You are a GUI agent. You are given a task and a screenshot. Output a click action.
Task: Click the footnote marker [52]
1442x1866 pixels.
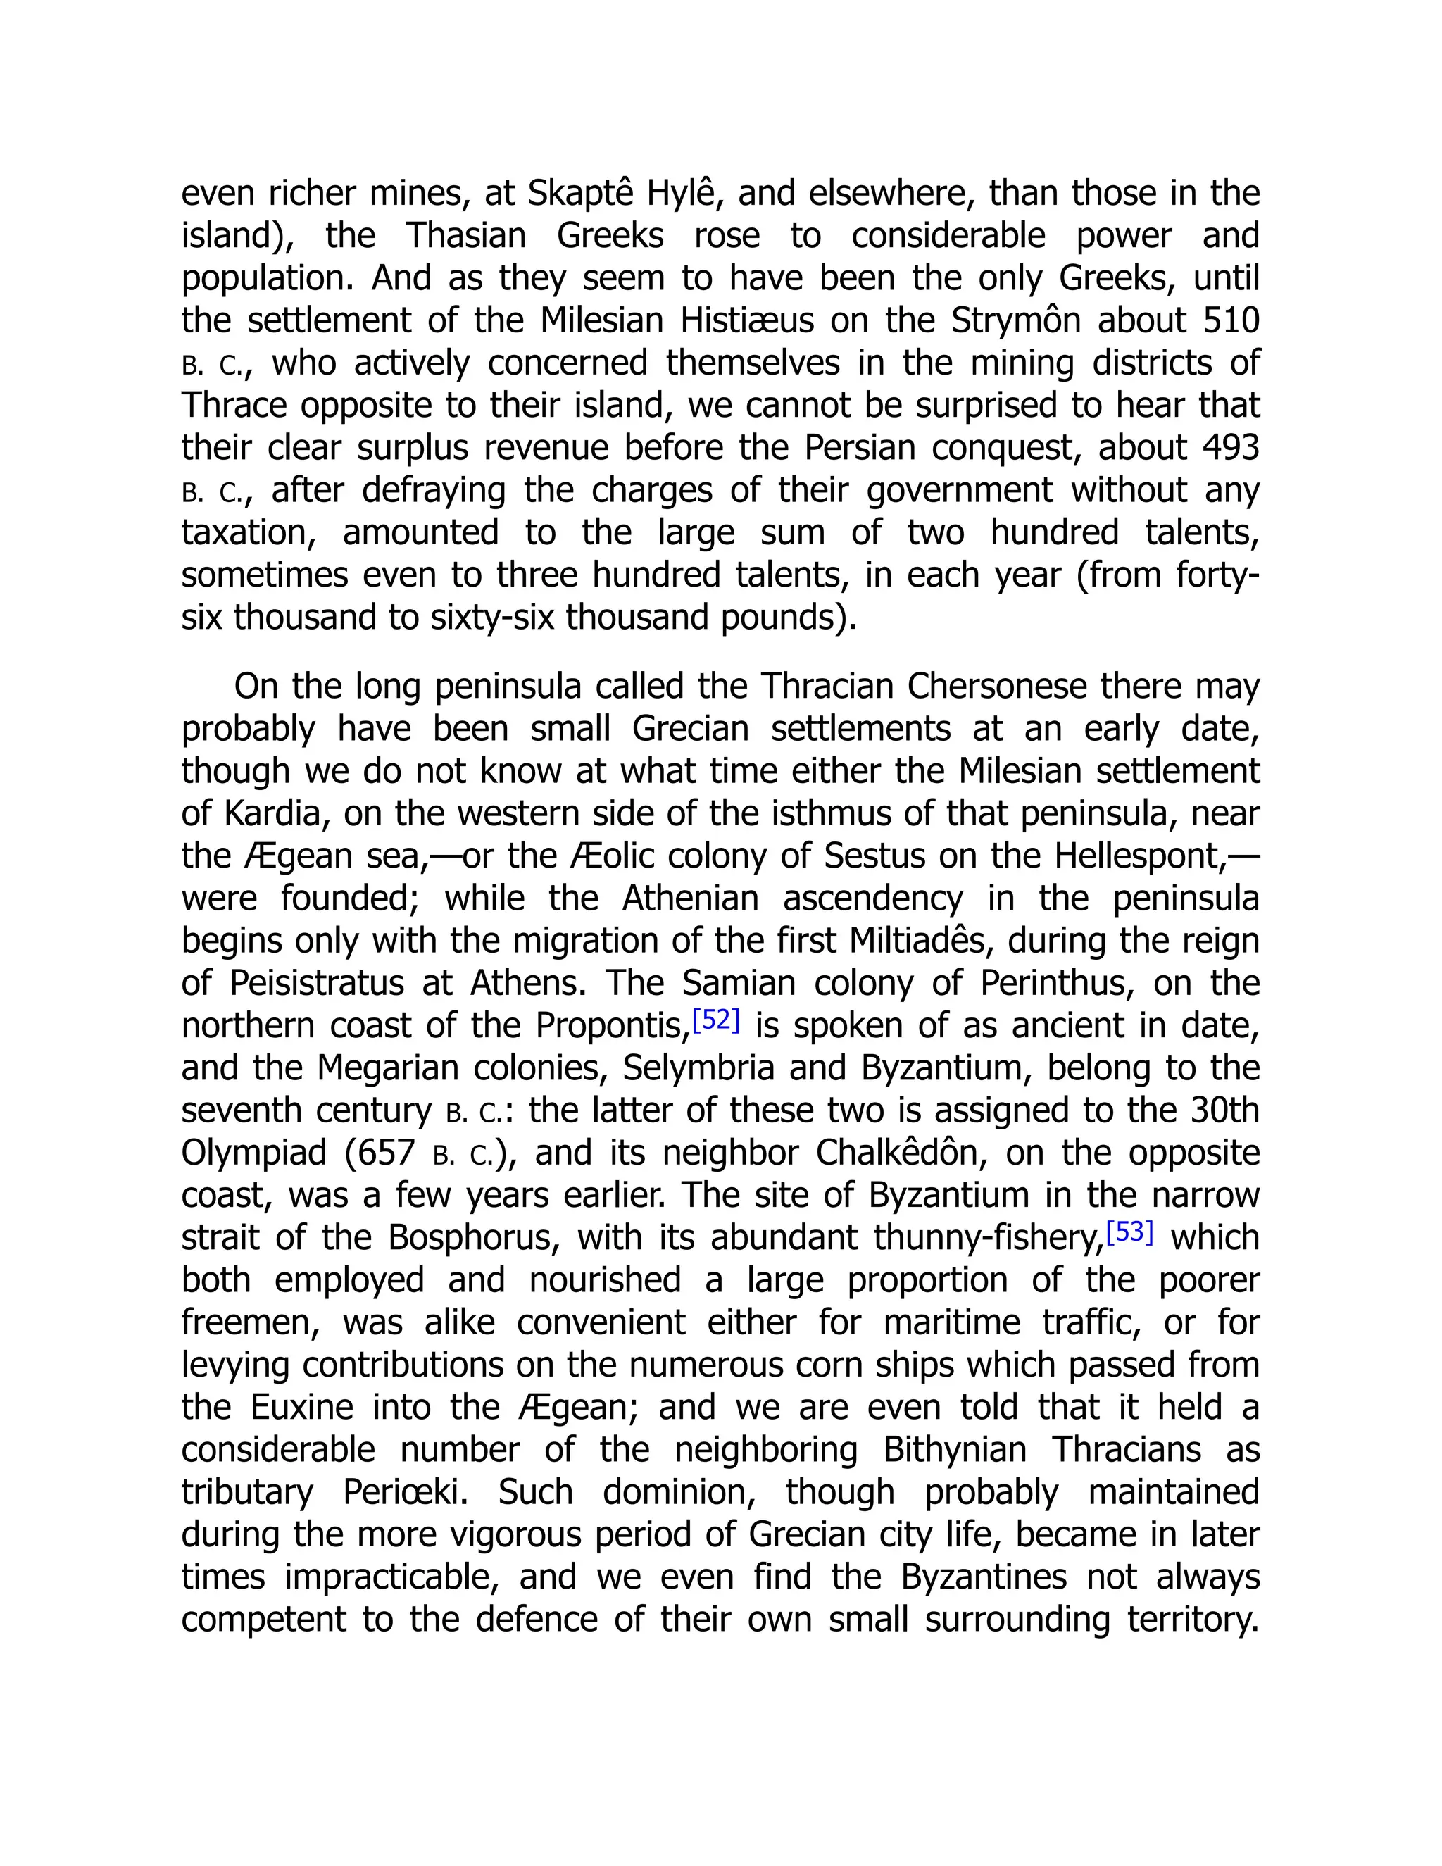715,1020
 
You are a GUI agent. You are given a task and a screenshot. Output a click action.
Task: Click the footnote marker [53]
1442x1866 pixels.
1129,1232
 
